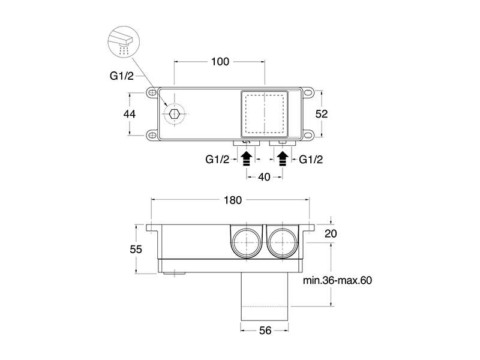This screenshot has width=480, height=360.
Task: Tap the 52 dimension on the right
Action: pos(323,114)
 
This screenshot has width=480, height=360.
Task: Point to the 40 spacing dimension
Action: pos(264,177)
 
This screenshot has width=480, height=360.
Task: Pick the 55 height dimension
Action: pos(136,249)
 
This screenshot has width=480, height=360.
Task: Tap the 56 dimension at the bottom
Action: pos(265,329)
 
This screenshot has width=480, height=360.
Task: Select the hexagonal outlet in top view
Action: pos(175,113)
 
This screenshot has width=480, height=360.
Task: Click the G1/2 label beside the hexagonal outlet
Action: pos(122,77)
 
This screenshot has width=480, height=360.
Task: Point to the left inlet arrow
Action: pos(246,159)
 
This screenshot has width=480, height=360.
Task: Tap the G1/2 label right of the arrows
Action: pos(311,160)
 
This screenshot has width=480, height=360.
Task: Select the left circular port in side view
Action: pos(245,242)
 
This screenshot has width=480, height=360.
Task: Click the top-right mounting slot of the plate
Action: pos(309,93)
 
